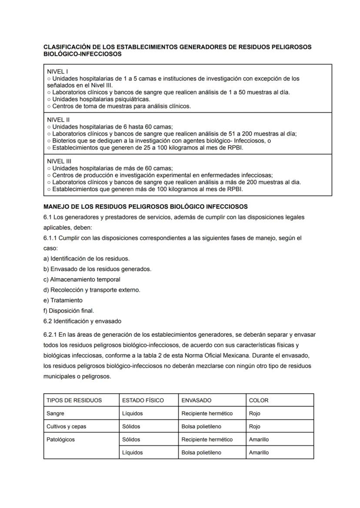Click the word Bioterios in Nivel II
[x=65, y=141]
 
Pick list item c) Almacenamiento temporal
[x=82, y=279]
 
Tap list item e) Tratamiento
[x=63, y=300]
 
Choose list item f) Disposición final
[x=69, y=311]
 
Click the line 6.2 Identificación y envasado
[x=82, y=321]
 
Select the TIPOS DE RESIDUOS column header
[x=74, y=400]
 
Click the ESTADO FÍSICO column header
[x=143, y=400]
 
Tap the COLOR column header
[x=259, y=400]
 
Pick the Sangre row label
[x=55, y=413]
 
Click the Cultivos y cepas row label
[x=66, y=426]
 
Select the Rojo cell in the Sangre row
[x=254, y=413]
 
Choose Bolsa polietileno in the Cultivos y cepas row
[x=201, y=426]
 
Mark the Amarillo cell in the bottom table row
[x=259, y=452]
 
